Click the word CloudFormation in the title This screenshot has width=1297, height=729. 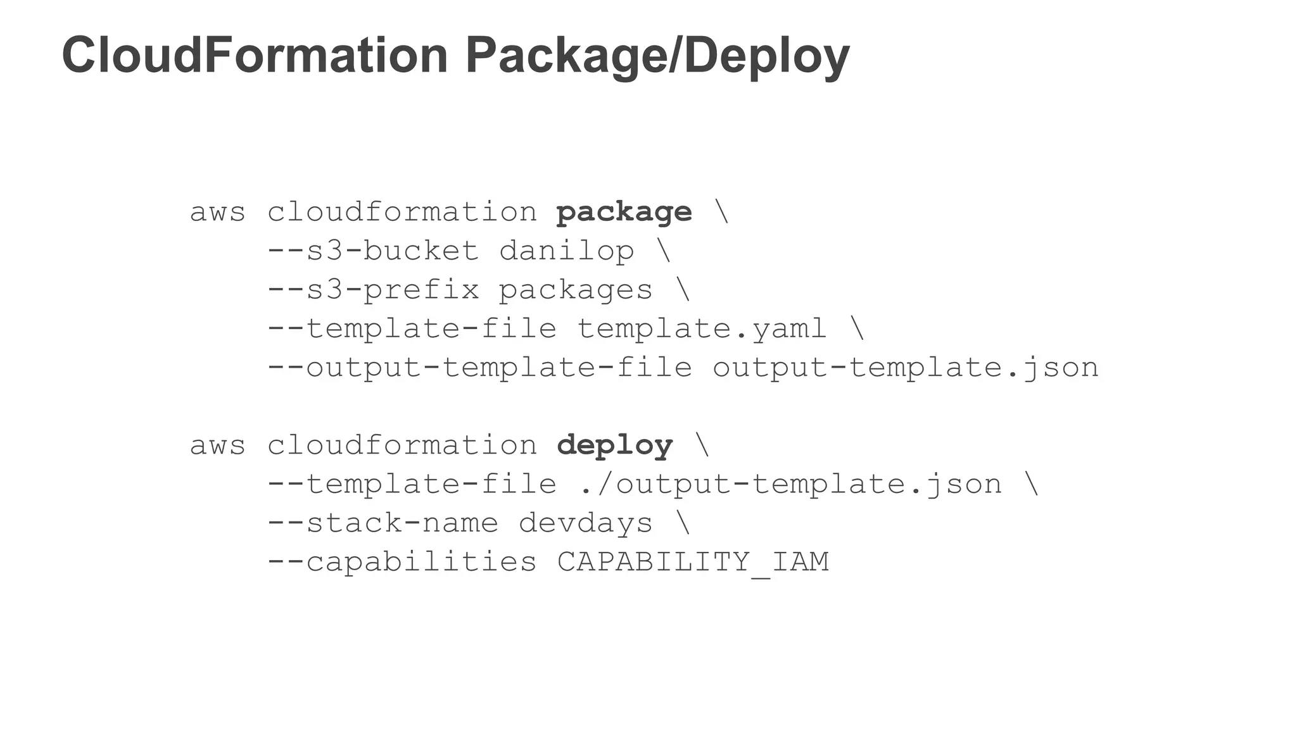click(x=255, y=56)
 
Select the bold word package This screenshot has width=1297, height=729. click(x=624, y=213)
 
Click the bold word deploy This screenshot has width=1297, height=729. click(x=614, y=446)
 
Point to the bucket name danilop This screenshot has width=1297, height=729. click(x=566, y=252)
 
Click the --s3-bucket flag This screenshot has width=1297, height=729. click(x=372, y=251)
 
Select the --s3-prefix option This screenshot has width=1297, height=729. click(x=372, y=290)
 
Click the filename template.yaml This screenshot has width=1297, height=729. click(x=702, y=329)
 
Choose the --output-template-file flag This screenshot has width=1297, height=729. click(x=479, y=368)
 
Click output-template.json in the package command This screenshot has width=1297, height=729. click(x=906, y=368)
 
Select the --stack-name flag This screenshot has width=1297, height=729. click(x=382, y=524)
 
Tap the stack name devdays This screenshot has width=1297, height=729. click(x=585, y=524)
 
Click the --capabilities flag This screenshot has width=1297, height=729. click(x=402, y=563)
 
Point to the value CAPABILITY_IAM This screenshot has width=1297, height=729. click(x=693, y=563)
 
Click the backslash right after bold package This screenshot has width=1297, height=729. click(x=722, y=212)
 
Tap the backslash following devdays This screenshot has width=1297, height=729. click(x=683, y=523)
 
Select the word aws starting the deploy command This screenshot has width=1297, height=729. click(x=217, y=446)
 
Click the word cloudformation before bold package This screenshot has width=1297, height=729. click(x=402, y=212)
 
